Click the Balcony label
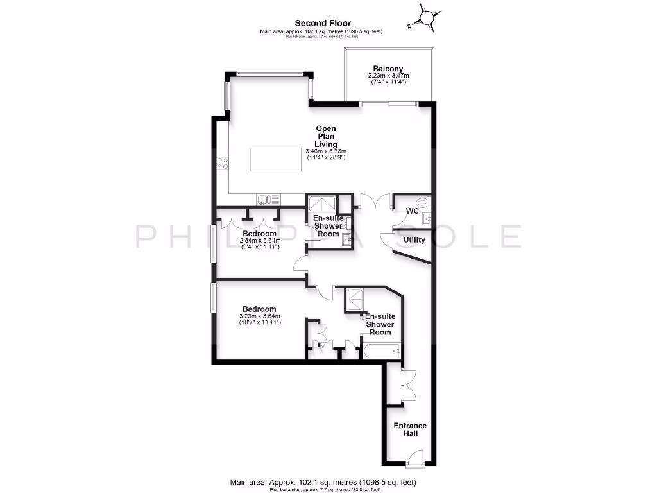pyautogui.click(x=388, y=69)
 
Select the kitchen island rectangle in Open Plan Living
pyautogui.click(x=275, y=159)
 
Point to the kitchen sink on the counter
pyautogui.click(x=266, y=200)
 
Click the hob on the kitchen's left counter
pyautogui.click(x=223, y=163)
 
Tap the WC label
pyautogui.click(x=413, y=211)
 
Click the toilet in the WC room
pyautogui.click(x=428, y=203)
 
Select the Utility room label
pyautogui.click(x=414, y=240)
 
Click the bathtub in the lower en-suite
pyautogui.click(x=381, y=351)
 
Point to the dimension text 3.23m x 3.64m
pyautogui.click(x=259, y=316)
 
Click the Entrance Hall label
pyautogui.click(x=410, y=429)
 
